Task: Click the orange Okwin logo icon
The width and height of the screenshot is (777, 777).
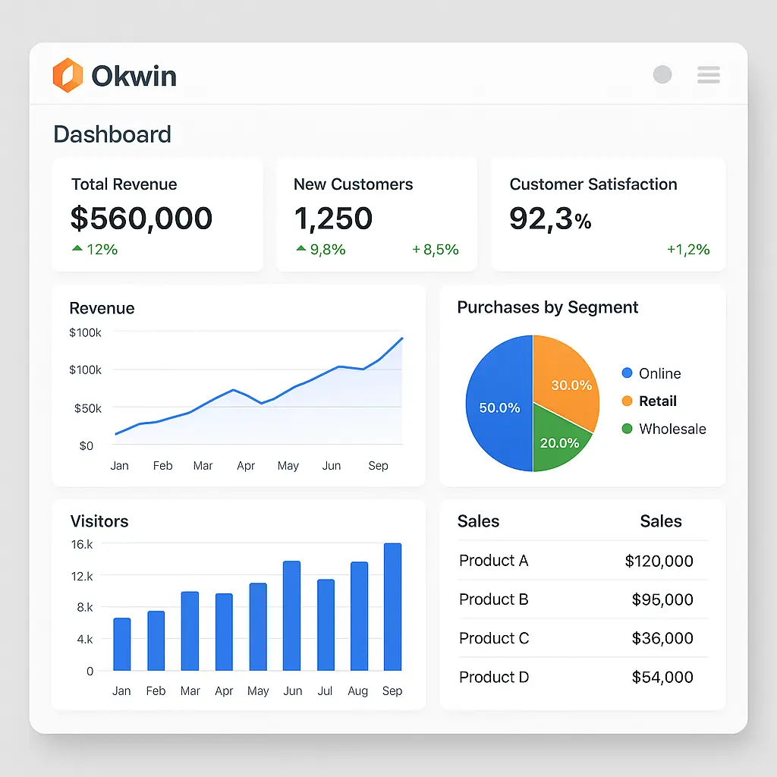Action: (67, 75)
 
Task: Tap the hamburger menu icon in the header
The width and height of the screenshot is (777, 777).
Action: (708, 74)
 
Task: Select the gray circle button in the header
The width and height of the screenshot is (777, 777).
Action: (662, 74)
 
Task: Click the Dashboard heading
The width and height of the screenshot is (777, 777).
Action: (112, 134)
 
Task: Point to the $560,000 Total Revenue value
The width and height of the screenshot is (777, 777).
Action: (141, 219)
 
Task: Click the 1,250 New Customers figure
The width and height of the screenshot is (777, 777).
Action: (333, 219)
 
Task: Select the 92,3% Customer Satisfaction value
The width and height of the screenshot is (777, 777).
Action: (550, 219)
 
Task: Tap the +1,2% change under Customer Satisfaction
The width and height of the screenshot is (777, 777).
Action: (688, 250)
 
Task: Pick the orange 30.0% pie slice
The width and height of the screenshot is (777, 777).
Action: (565, 376)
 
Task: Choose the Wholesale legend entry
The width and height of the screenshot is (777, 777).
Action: (664, 429)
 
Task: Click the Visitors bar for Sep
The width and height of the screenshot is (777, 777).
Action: (392, 607)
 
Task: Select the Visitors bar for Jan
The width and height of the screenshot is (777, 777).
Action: (121, 644)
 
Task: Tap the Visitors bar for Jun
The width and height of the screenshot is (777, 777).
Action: (291, 615)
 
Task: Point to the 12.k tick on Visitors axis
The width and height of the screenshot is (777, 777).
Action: (81, 576)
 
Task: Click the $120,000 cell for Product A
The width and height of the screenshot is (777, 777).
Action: (659, 561)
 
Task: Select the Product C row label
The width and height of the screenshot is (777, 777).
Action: (494, 638)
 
